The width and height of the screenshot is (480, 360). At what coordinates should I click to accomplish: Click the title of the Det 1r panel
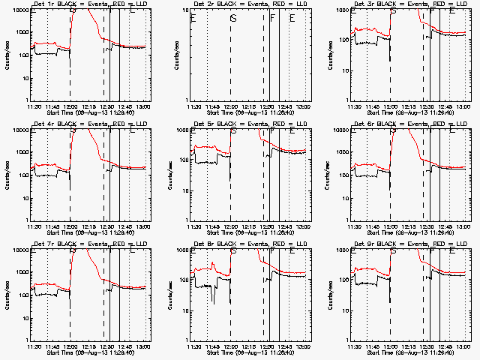click(x=84, y=4)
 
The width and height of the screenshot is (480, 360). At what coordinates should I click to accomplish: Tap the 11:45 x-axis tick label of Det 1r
click(x=52, y=106)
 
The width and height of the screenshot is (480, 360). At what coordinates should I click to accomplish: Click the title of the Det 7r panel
click(x=84, y=244)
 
